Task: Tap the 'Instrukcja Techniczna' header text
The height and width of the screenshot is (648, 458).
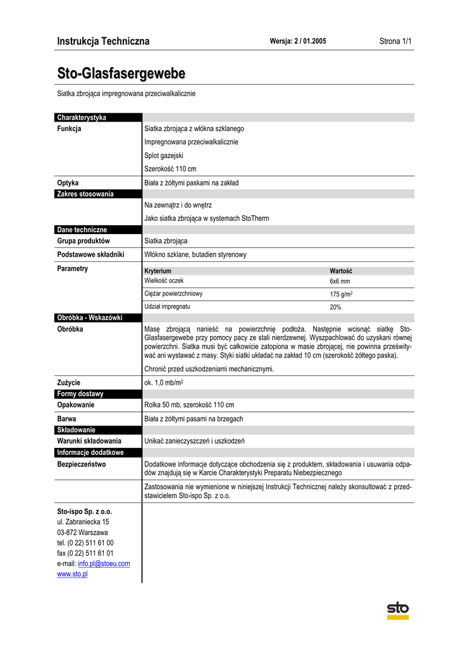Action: point(103,41)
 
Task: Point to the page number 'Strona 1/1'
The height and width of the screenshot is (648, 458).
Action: point(395,41)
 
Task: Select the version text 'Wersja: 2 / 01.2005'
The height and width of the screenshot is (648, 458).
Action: point(298,41)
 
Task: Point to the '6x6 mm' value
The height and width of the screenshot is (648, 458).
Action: point(340,281)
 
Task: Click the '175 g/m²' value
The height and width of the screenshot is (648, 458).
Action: point(341,294)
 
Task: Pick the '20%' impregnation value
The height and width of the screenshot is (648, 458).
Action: point(335,307)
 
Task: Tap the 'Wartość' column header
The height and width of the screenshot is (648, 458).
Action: point(341,271)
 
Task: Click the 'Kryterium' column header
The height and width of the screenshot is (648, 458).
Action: point(158,271)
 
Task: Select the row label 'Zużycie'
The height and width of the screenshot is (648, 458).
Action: point(69,382)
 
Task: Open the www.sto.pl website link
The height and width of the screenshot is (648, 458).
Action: point(72,574)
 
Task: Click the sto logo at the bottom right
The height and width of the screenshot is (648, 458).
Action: point(398,610)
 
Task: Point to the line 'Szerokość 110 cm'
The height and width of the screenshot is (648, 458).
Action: point(170,169)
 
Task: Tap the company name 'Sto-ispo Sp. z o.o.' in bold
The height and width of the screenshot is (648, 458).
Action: point(85,511)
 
